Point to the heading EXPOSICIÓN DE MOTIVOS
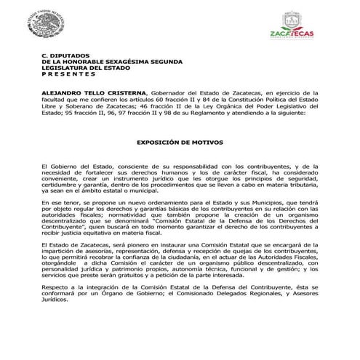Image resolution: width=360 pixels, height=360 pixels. coord(180,143)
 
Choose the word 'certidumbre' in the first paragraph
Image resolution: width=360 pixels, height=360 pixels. coord(61,185)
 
